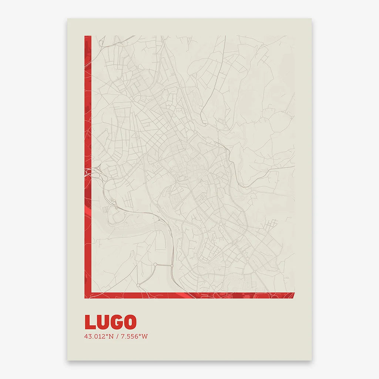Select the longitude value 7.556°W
coord(131,336)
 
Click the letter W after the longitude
coord(145,336)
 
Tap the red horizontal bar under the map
coord(189,295)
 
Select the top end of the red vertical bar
coord(88,37)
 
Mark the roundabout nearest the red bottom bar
coord(138,285)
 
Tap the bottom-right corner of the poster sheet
coord(311,360)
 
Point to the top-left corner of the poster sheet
coord(67,19)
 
